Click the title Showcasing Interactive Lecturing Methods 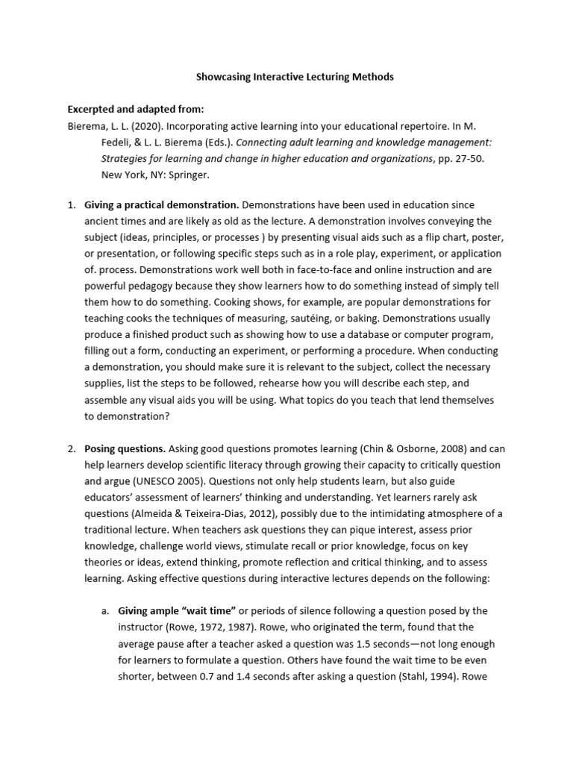pyautogui.click(x=295, y=76)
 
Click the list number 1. pyautogui.click(x=72, y=204)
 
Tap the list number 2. pyautogui.click(x=72, y=449)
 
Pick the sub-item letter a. pyautogui.click(x=105, y=611)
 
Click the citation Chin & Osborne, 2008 pyautogui.click(x=413, y=449)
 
